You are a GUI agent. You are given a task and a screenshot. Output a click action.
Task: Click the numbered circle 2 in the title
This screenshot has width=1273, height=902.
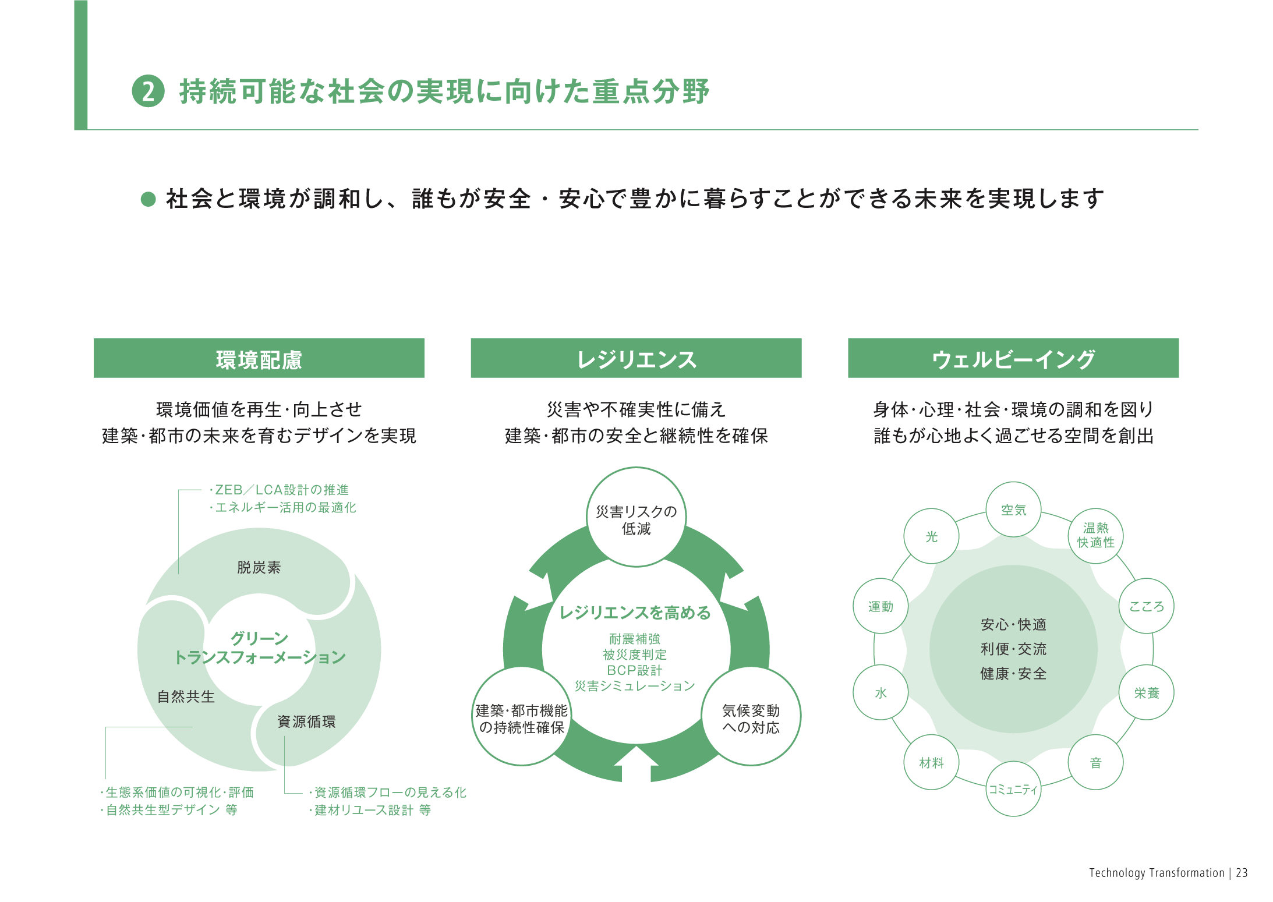pos(148,91)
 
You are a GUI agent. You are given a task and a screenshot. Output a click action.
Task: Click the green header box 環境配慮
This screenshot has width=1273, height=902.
pos(259,359)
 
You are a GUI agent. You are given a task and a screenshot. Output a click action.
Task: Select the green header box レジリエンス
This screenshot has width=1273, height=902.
pos(636,359)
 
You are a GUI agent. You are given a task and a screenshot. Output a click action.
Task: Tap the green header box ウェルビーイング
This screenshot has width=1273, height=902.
pos(1013,359)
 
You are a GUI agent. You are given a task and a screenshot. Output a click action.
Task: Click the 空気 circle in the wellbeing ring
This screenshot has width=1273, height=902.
pos(1013,510)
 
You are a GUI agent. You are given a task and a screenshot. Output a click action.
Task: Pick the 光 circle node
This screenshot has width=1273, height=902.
pos(931,536)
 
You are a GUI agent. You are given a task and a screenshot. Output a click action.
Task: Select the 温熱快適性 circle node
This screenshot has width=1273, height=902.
pos(1095,535)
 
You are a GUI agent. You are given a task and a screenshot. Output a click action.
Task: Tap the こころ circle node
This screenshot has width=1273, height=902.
pos(1146,606)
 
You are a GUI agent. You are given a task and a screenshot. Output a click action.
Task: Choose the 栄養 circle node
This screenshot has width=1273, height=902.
pos(1146,692)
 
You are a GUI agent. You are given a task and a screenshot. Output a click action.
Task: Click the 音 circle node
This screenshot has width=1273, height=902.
pos(1095,762)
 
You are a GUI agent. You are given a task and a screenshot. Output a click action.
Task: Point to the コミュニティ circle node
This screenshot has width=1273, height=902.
pos(1013,788)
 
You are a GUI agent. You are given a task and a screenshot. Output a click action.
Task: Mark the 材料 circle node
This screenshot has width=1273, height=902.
pos(931,762)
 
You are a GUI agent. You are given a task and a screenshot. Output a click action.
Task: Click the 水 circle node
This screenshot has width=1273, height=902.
pos(881,692)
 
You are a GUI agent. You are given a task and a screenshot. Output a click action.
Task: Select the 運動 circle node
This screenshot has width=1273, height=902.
pos(881,606)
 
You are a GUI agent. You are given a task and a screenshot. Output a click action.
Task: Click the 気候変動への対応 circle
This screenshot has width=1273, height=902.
pos(751,718)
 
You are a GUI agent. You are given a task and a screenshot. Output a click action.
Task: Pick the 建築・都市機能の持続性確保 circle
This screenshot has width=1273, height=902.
pos(521,718)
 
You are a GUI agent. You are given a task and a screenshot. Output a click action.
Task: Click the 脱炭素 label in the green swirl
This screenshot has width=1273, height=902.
pos(259,567)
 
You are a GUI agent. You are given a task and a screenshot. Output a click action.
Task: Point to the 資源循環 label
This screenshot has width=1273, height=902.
pos(306,721)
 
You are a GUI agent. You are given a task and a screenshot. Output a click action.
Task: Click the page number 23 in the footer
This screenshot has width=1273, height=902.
pos(1242,872)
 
